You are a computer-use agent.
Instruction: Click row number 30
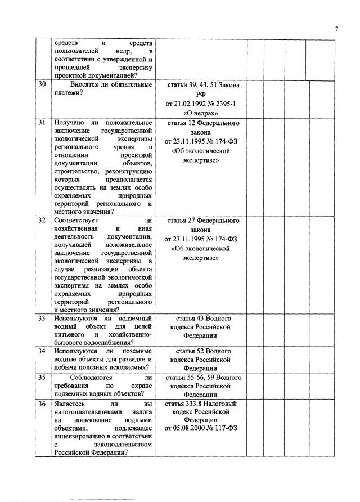coord(42,85)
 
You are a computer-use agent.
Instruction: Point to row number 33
coord(42,319)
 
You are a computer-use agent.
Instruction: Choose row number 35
coord(42,378)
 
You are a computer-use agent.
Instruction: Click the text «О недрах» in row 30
coord(201,113)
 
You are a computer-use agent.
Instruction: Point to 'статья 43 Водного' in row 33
coord(201,319)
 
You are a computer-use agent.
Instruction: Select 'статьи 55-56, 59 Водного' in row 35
coord(201,378)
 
